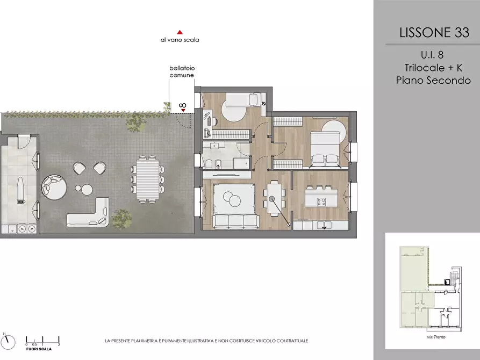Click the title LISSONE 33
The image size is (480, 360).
(434, 32)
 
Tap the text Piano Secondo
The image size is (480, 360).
(433, 80)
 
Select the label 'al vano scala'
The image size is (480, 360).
(180, 40)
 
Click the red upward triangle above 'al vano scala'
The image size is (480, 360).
(180, 32)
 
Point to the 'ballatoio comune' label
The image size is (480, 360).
(182, 71)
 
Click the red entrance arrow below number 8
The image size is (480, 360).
(183, 110)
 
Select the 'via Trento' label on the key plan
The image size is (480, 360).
(436, 337)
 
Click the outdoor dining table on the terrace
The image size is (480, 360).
(148, 179)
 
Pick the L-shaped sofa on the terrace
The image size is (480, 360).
(88, 212)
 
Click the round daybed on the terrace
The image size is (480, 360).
(54, 187)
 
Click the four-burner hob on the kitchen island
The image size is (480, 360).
(321, 201)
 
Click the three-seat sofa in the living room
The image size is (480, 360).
(236, 221)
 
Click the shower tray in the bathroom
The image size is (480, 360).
(242, 163)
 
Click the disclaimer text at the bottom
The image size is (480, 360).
(206, 341)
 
